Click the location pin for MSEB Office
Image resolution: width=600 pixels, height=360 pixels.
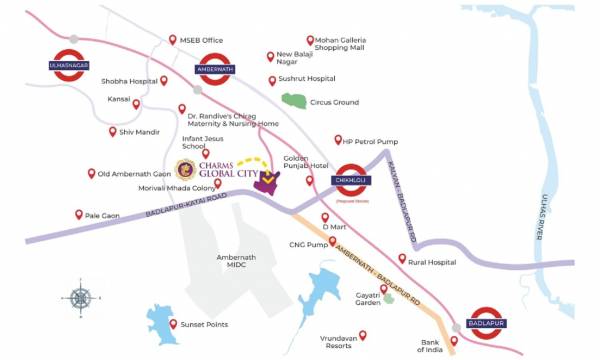point(172,40)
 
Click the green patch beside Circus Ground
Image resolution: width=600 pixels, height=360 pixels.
point(294,100)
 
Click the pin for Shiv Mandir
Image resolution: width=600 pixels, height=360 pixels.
point(113,131)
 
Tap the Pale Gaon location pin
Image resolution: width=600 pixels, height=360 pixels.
point(80,214)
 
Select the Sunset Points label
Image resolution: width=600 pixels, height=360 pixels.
point(204,325)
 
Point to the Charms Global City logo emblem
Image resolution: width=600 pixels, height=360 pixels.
point(184,170)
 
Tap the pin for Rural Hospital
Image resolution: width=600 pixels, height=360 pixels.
point(402,259)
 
